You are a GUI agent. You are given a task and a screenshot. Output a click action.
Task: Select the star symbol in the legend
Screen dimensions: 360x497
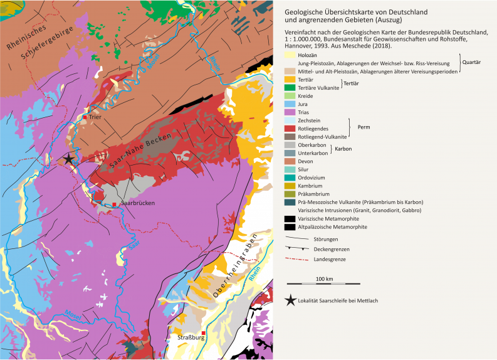coord(290,300)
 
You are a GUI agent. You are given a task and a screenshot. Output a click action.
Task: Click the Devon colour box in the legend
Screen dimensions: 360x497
coord(290,161)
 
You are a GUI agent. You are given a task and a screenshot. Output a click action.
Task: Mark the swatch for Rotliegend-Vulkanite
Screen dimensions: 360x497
coord(290,137)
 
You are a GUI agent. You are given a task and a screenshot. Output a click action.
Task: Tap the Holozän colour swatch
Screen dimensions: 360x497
coord(290,55)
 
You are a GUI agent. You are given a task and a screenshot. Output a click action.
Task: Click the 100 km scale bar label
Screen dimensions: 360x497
coord(324,278)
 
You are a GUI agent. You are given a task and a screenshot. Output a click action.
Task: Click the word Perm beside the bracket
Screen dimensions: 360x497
coord(364,128)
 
